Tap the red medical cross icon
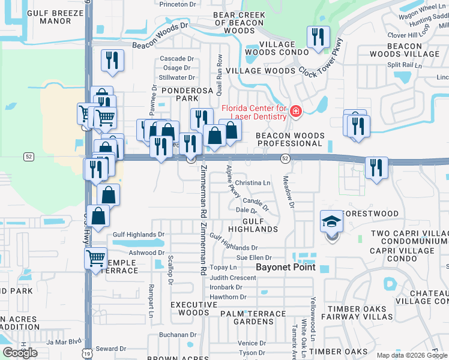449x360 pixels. click(295, 112)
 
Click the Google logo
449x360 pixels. click(20, 353)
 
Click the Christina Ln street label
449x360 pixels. click(253, 182)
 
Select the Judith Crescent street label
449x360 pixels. click(233, 277)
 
